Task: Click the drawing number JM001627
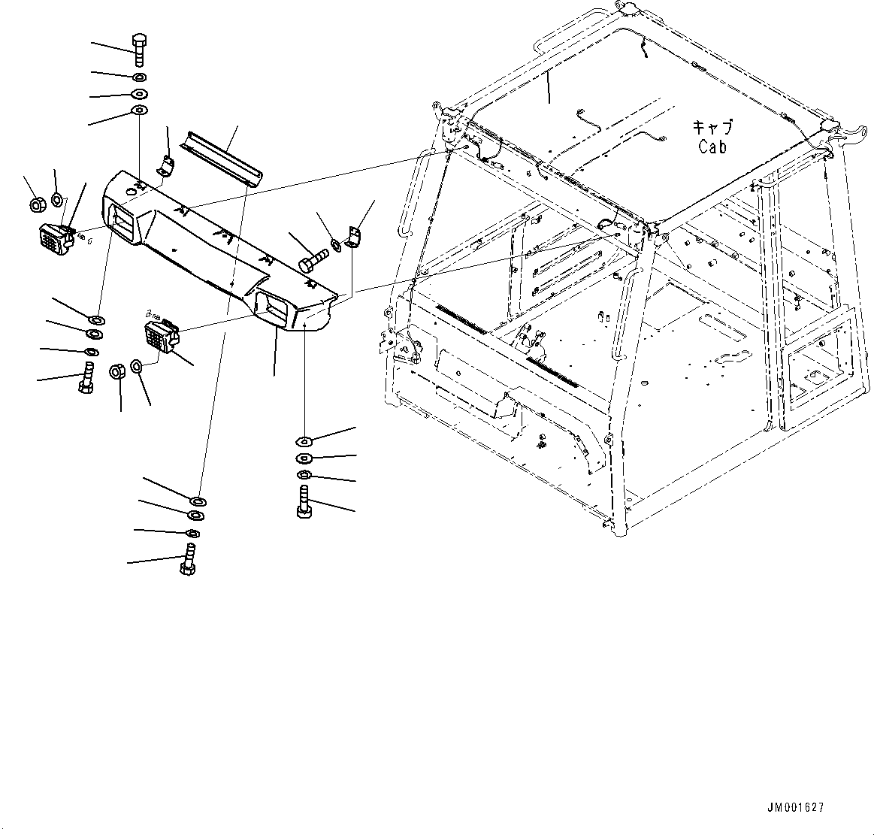[795, 808]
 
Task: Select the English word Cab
[712, 147]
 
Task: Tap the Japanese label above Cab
[712, 127]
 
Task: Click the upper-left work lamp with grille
[54, 239]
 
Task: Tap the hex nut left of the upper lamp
[35, 204]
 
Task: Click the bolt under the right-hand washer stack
[304, 503]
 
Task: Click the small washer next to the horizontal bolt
[336, 243]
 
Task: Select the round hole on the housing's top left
[132, 193]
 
